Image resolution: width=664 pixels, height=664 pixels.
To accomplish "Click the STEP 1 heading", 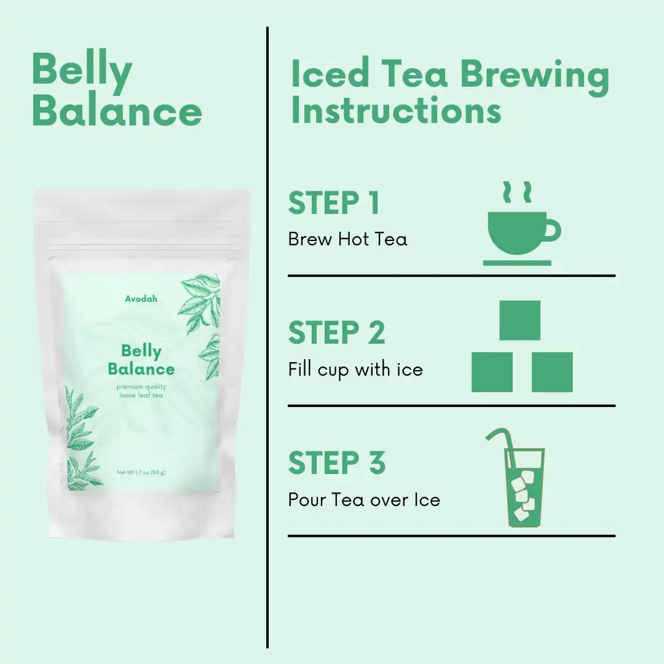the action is (333, 203).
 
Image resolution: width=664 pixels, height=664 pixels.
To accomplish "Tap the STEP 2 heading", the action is (337, 333).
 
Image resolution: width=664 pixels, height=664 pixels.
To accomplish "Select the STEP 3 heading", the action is (337, 462).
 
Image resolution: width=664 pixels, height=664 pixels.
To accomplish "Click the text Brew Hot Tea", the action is (347, 239).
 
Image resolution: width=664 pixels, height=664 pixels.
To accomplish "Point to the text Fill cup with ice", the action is (355, 370).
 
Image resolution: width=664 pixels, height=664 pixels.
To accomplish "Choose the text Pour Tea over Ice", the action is (364, 500).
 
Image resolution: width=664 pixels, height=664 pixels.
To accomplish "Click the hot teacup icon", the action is (522, 224).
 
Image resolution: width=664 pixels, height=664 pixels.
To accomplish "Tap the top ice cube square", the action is (520, 320).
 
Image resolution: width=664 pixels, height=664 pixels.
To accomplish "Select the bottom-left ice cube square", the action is (492, 372).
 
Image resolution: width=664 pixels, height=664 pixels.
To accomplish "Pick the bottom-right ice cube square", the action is (552, 372).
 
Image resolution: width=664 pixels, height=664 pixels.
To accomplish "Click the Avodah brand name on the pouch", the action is (141, 299).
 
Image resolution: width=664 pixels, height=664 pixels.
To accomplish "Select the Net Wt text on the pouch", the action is (141, 472).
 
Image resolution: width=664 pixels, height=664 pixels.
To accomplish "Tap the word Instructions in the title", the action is (397, 110).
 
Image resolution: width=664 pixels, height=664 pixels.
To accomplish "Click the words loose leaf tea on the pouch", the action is (141, 395).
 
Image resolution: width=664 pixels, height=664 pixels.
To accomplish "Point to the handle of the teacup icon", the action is (553, 231).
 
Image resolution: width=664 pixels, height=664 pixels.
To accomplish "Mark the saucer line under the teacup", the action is (517, 263).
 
